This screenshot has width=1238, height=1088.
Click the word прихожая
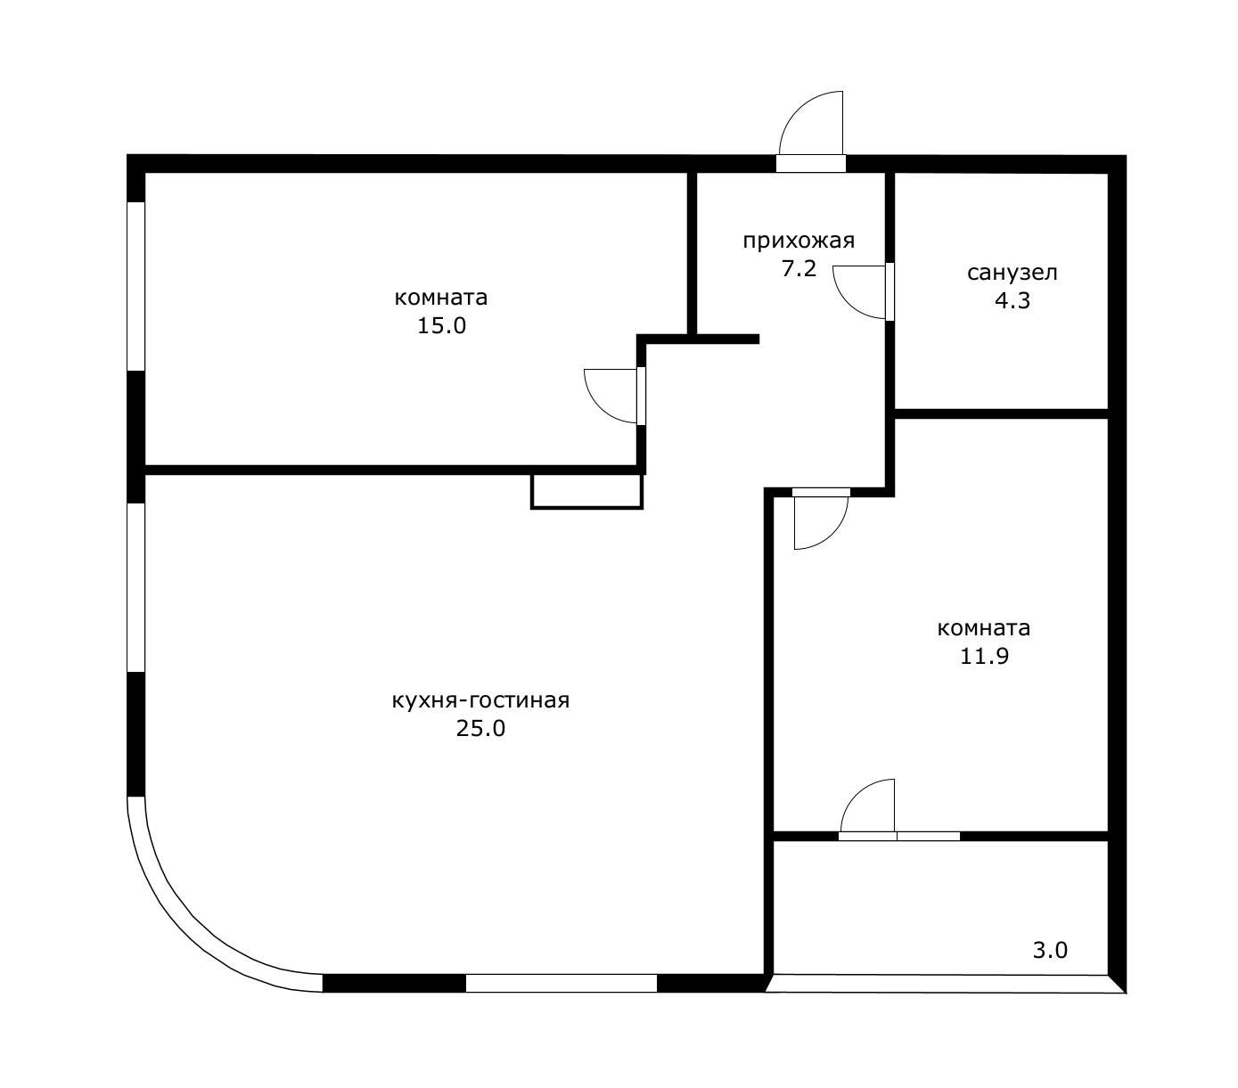[x=798, y=241]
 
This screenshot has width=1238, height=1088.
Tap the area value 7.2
[x=799, y=269]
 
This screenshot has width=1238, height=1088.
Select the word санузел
[x=1012, y=273]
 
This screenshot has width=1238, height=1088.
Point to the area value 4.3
[x=1013, y=300]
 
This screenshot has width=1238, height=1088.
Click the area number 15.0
[x=441, y=325]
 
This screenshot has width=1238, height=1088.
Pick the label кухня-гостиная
[x=480, y=700]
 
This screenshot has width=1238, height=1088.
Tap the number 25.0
[x=480, y=729]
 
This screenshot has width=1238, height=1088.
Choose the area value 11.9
[x=984, y=656]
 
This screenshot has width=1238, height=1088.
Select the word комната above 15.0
[x=440, y=299]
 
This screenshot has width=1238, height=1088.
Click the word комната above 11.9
[x=983, y=628]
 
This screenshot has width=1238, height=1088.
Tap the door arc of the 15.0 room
[x=596, y=407]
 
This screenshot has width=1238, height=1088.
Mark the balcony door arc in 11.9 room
[x=856, y=794]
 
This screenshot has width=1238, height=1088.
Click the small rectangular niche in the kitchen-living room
[x=586, y=491]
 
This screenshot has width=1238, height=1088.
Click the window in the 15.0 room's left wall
[x=135, y=286]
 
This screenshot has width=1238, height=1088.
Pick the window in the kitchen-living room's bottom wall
[x=561, y=983]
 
